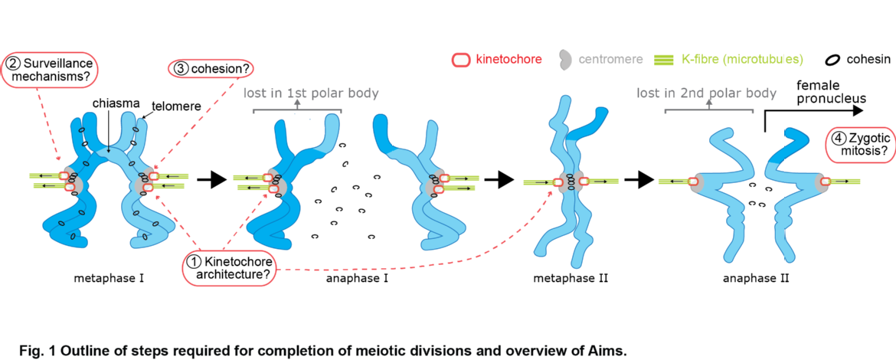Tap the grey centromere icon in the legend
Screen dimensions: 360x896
[x=566, y=59]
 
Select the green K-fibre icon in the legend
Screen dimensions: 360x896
[x=665, y=59]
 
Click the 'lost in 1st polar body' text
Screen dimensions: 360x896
[x=311, y=93]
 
